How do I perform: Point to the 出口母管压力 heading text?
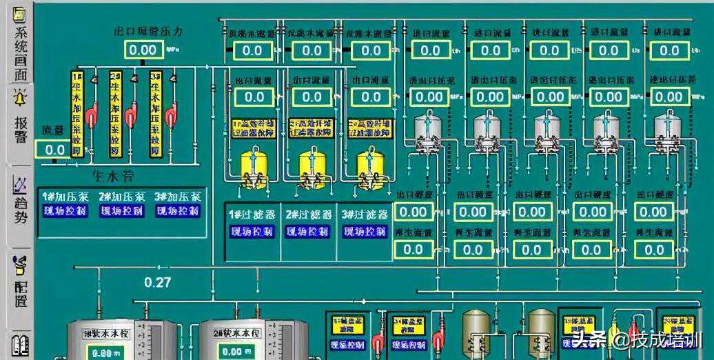coord(149,32)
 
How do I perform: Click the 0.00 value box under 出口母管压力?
coord(143,50)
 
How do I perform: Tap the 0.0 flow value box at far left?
coord(55,150)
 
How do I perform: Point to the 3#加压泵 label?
coord(178,197)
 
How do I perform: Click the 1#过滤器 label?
coord(251,214)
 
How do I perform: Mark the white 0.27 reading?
coord(157,281)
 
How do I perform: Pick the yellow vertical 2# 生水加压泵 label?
coord(116,114)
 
